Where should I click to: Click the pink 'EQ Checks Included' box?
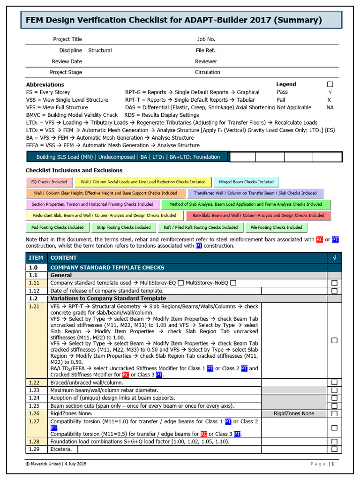point(49,182)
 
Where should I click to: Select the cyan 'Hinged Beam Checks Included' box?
point(246,182)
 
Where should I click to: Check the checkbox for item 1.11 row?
point(334,283)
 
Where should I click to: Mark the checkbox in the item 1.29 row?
point(334,449)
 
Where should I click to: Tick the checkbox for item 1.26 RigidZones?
point(334,413)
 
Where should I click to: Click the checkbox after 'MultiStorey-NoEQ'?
point(233,283)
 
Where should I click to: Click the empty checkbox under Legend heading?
point(330,84)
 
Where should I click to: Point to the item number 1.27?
point(34,421)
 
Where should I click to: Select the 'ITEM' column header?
point(36,258)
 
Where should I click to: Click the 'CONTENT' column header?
point(64,258)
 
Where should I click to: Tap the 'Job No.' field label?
point(206,39)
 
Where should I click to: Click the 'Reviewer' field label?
point(206,61)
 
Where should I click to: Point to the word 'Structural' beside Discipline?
point(100,50)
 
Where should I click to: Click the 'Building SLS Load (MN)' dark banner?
point(128,157)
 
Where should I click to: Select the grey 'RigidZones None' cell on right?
point(294,413)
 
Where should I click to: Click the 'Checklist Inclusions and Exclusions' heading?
point(74,170)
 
